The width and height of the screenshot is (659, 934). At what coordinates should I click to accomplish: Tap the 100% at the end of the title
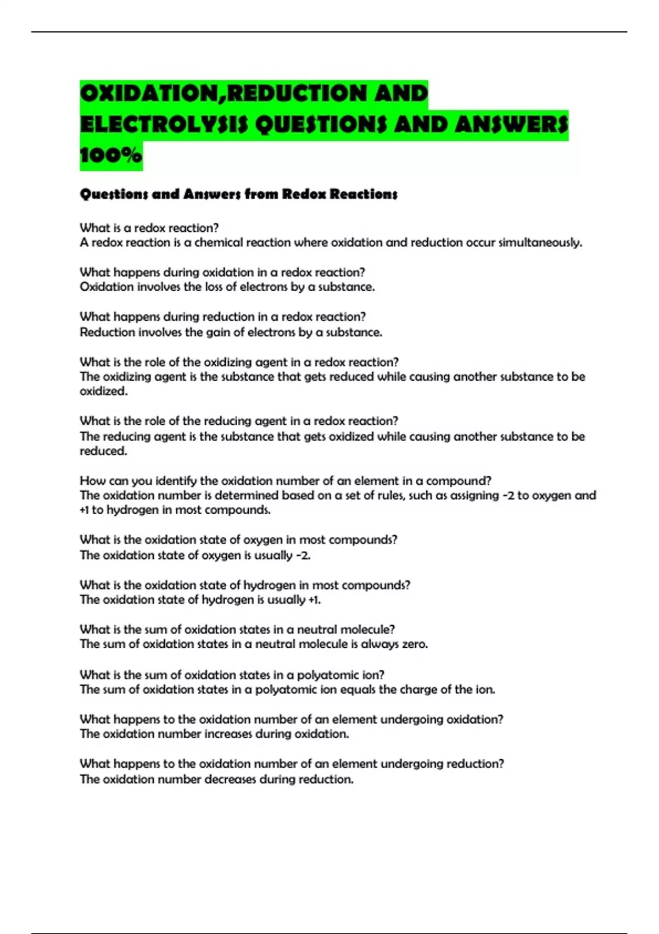110,156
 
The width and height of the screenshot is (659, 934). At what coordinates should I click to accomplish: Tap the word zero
415,644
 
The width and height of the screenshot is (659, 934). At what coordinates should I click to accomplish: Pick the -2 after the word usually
303,555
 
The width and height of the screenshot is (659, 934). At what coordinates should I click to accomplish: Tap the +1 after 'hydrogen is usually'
314,600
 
